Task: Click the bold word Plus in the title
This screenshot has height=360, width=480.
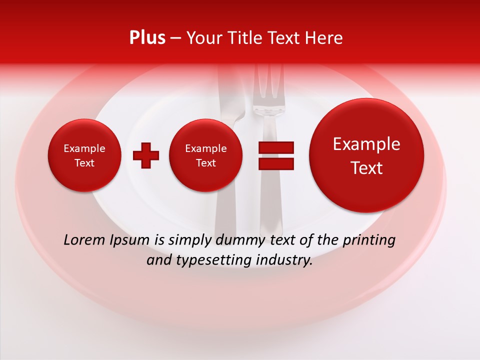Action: pyautogui.click(x=147, y=38)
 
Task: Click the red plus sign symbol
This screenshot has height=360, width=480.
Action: pyautogui.click(x=146, y=155)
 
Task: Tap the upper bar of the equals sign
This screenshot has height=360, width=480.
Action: pyautogui.click(x=275, y=147)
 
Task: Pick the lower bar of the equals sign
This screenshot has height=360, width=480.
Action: pyautogui.click(x=275, y=164)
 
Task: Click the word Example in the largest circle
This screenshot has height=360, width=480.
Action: pyautogui.click(x=366, y=144)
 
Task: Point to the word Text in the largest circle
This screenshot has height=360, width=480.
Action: pyautogui.click(x=366, y=168)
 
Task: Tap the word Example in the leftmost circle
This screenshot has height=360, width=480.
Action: pyautogui.click(x=84, y=148)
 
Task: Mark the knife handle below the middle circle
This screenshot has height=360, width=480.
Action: pyautogui.click(x=225, y=210)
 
